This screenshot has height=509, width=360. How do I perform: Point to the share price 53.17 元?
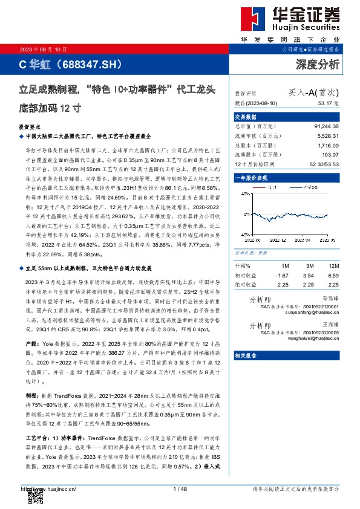[327, 104]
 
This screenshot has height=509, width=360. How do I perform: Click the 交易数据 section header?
[246, 117]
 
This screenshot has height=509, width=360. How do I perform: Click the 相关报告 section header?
[246, 355]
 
